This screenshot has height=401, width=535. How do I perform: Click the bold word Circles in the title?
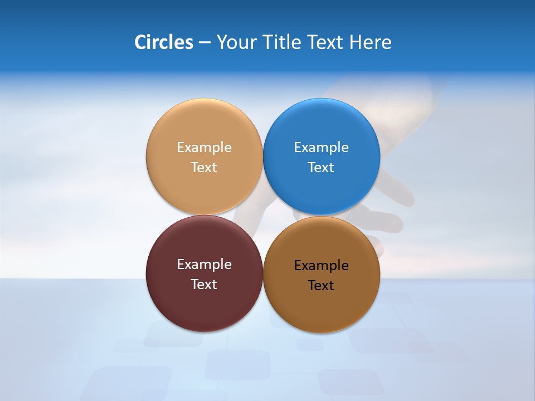click(x=164, y=42)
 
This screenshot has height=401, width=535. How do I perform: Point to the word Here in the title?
click(x=371, y=42)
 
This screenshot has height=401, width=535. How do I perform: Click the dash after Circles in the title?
click(x=205, y=43)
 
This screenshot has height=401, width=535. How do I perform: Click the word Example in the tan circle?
click(x=204, y=148)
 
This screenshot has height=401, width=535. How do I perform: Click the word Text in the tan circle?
click(x=204, y=168)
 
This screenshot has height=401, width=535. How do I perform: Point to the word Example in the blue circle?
click(x=322, y=148)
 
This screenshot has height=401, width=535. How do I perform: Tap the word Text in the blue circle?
click(x=322, y=168)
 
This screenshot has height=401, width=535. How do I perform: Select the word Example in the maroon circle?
click(x=204, y=265)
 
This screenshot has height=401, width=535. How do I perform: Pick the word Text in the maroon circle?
click(x=204, y=285)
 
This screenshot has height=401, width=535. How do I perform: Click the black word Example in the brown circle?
click(x=322, y=266)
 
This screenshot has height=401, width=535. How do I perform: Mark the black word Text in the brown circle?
click(x=322, y=286)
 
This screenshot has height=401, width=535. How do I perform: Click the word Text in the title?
click(x=326, y=42)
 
